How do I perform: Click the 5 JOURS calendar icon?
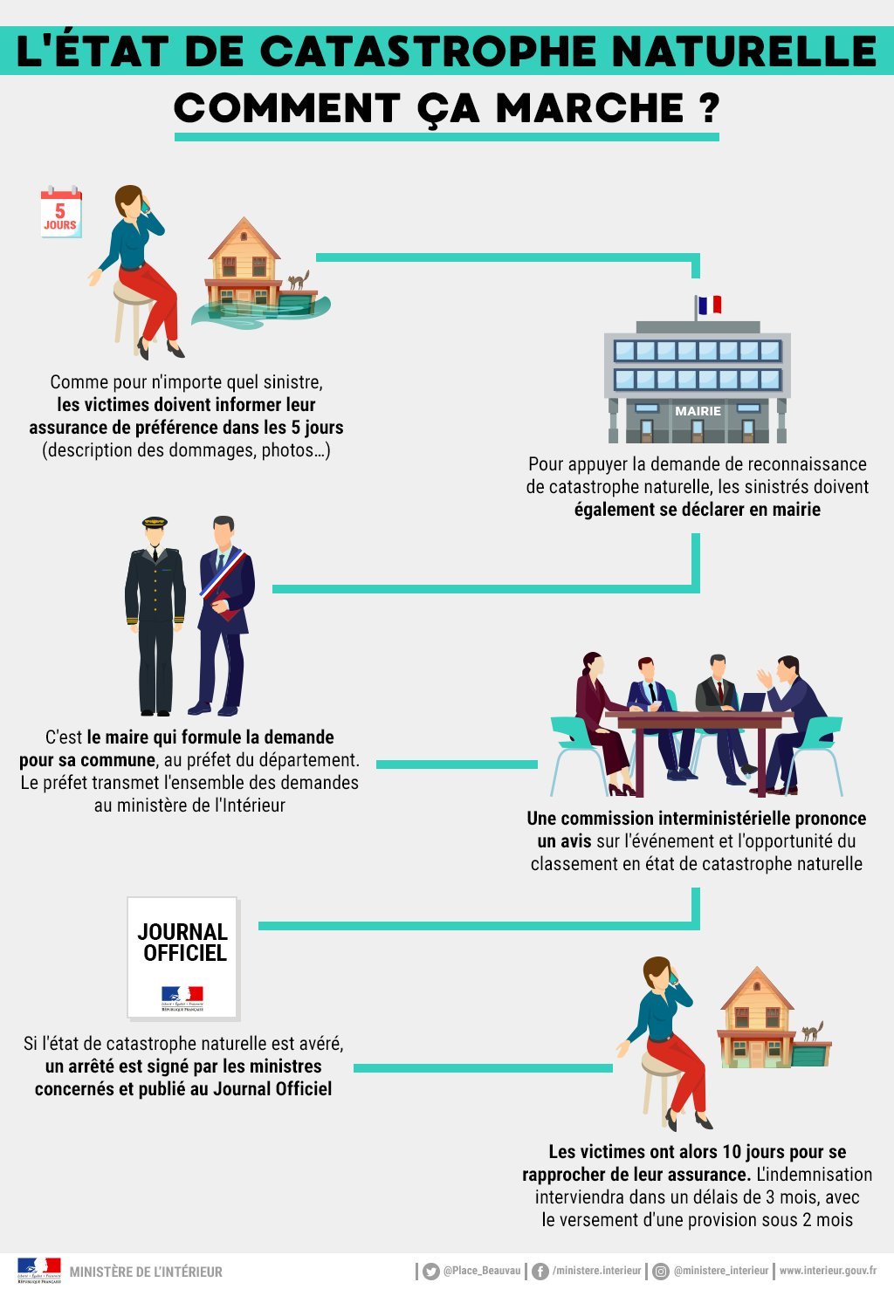(x=60, y=212)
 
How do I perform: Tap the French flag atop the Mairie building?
(x=710, y=305)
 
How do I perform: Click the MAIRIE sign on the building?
(x=698, y=411)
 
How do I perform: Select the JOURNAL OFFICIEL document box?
(x=182, y=957)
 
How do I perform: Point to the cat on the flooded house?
(x=299, y=279)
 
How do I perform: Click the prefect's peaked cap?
(x=155, y=523)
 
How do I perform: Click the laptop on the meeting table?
(x=752, y=702)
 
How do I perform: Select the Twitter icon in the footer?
(x=430, y=1272)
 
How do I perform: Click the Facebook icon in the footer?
(x=540, y=1272)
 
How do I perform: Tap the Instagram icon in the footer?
(x=661, y=1272)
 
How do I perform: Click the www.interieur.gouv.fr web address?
(x=828, y=1271)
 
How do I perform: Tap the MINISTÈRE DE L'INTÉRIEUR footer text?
(x=146, y=1272)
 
